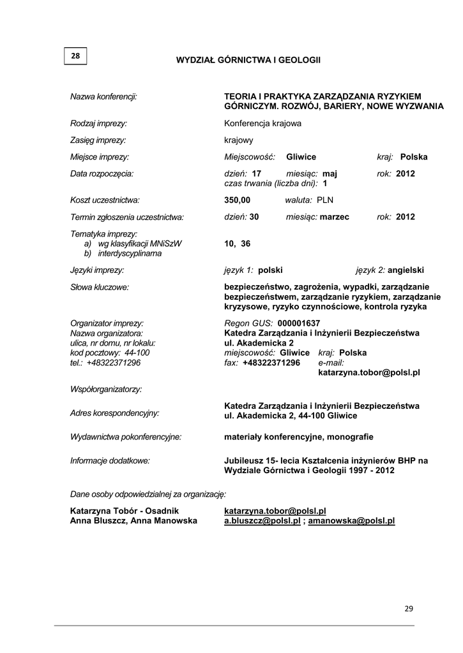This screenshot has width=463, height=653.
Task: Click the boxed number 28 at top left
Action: (x=75, y=56)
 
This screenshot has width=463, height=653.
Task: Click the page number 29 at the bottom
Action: (x=409, y=609)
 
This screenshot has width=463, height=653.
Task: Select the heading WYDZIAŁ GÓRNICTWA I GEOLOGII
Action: (x=248, y=60)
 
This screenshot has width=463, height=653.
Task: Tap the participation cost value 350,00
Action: (x=237, y=200)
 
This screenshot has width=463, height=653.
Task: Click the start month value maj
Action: (x=330, y=173)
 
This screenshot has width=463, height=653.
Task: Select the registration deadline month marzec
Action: (x=335, y=217)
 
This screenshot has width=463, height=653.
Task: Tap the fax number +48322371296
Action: (x=271, y=363)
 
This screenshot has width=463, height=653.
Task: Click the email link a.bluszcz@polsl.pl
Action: (x=262, y=520)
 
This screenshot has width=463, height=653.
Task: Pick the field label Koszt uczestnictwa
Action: (x=105, y=200)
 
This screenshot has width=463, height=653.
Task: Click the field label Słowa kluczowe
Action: (x=100, y=287)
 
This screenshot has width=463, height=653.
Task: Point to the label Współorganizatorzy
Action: (x=105, y=388)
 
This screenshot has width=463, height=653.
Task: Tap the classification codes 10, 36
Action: (x=238, y=243)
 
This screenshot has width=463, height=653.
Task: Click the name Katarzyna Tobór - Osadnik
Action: (x=124, y=511)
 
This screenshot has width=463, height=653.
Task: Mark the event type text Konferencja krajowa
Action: (x=262, y=123)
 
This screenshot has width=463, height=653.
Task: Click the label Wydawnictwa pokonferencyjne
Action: (x=126, y=437)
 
